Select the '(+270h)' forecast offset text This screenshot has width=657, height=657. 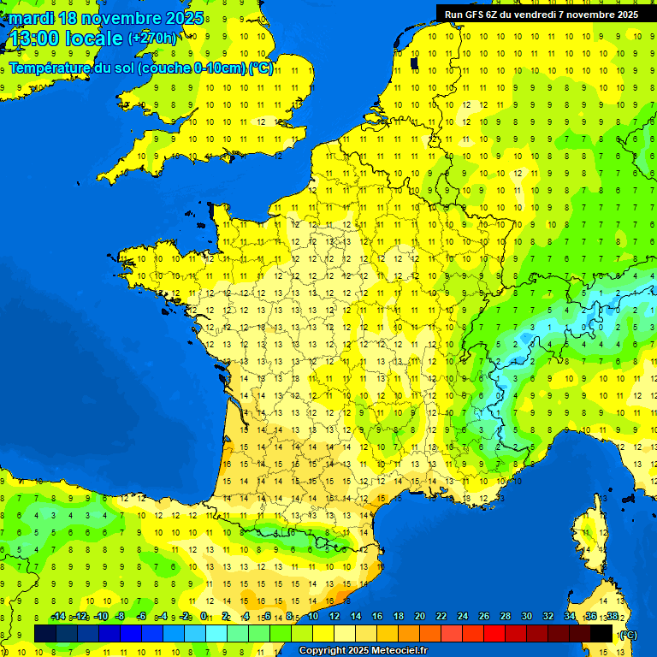(x=153, y=38)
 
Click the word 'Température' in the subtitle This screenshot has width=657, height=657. (x=50, y=68)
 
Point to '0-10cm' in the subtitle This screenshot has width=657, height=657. (x=220, y=68)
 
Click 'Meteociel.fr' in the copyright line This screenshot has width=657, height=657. (x=394, y=651)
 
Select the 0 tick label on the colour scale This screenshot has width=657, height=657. (x=203, y=616)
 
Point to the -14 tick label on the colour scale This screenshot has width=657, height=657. (x=58, y=616)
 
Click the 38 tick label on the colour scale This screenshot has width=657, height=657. (x=613, y=616)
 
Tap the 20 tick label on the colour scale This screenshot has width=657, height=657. (x=420, y=616)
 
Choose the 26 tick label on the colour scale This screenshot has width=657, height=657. (x=484, y=616)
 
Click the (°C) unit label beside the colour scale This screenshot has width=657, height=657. (x=629, y=634)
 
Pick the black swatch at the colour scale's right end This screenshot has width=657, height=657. (x=601, y=633)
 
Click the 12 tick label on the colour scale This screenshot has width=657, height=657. (x=334, y=616)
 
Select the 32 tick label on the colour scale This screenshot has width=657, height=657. (x=548, y=616)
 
